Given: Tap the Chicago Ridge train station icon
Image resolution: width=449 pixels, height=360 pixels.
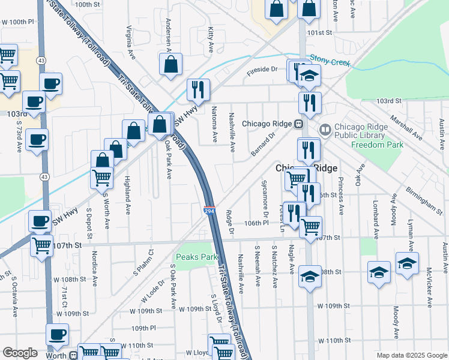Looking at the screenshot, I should pos(297,124).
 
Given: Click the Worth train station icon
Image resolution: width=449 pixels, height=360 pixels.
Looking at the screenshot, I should pos(73,355).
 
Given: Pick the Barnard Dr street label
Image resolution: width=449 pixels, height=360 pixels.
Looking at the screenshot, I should pos(262,145).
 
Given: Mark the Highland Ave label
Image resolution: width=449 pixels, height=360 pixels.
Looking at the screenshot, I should pos(128,194).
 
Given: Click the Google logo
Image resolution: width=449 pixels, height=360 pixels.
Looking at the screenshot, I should pos(20,353).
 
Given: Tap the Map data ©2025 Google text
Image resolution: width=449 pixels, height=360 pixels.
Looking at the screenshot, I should pos(411,355).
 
